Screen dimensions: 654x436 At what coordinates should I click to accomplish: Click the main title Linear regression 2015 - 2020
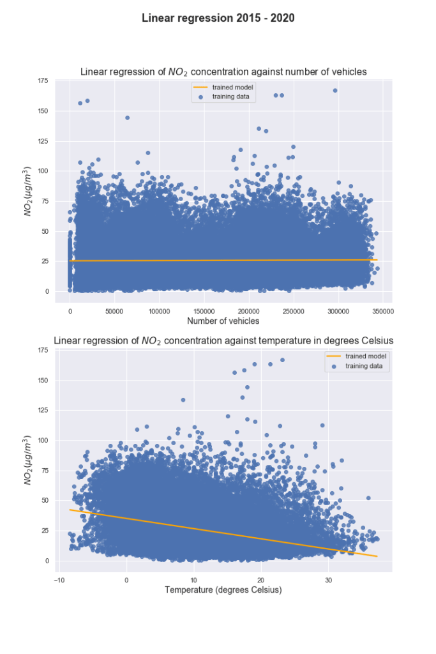pyautogui.click(x=218, y=18)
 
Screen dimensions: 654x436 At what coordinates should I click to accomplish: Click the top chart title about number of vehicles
pyautogui.click(x=223, y=72)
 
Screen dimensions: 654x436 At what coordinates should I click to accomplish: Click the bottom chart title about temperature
pyautogui.click(x=223, y=341)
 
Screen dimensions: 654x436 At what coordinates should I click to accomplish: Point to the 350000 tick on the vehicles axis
pyautogui.click(x=382, y=311)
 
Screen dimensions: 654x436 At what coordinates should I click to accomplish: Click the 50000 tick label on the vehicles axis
pyautogui.click(x=115, y=311)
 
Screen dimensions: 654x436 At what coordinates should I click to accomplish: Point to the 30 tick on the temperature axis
pyautogui.click(x=329, y=581)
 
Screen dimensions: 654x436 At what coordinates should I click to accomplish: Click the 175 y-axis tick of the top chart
pyautogui.click(x=43, y=81)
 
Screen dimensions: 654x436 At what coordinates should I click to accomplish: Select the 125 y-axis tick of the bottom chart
pyautogui.click(x=43, y=411)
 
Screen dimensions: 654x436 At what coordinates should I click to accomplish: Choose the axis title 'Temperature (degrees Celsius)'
pyautogui.click(x=223, y=590)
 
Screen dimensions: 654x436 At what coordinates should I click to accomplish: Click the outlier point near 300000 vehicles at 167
pyautogui.click(x=335, y=91)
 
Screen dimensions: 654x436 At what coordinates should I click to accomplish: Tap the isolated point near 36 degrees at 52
pyautogui.click(x=368, y=498)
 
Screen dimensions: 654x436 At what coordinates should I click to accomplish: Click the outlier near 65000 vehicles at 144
pyautogui.click(x=127, y=118)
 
